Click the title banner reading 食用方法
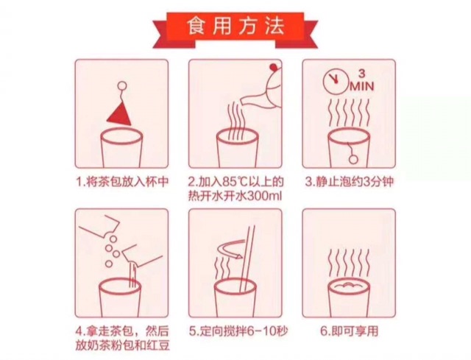click(x=235, y=29)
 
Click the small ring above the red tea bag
click(x=121, y=86)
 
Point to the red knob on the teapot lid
click(x=273, y=67)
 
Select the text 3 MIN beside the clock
click(x=362, y=80)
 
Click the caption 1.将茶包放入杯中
click(x=121, y=182)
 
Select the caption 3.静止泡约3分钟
click(x=349, y=182)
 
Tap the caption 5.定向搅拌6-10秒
click(x=237, y=331)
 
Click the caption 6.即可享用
click(x=349, y=331)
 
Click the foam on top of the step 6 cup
click(x=348, y=286)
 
